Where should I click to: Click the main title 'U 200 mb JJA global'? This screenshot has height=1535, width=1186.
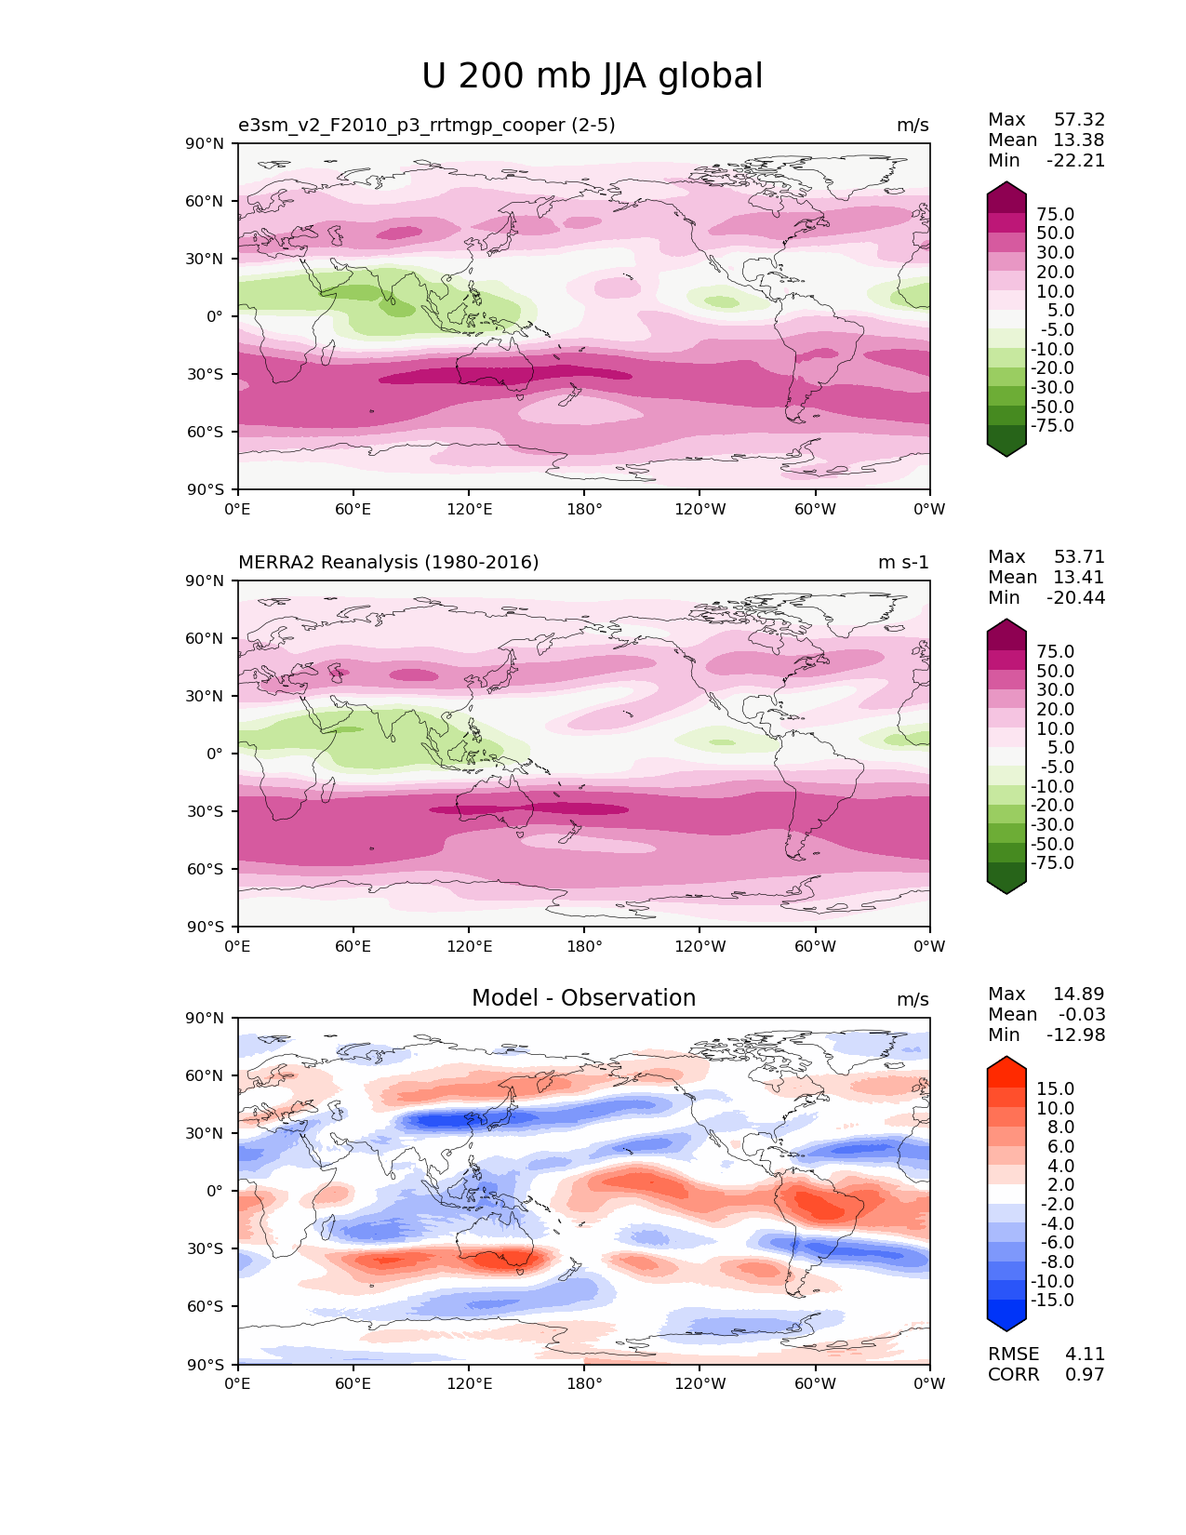coord(592,76)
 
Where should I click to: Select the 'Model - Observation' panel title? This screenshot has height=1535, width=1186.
coord(583,998)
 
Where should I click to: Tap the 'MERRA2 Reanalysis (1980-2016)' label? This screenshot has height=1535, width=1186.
coord(388,562)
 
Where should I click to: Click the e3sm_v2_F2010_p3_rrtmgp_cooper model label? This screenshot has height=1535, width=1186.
coord(426,125)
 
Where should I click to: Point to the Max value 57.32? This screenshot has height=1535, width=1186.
coord(1079,120)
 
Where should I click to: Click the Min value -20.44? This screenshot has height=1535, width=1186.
coord(1075,598)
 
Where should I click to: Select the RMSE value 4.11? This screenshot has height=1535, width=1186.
coord(1085,1355)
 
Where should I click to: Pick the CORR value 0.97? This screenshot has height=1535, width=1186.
coord(1085,1375)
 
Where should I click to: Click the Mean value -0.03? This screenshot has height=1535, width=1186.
coord(1082,1015)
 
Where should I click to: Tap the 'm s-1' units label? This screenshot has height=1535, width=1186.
coord(903,563)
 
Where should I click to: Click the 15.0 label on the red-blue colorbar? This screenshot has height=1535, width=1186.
coord(1055,1089)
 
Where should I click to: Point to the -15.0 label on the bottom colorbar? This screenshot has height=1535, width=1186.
coord(1052,1301)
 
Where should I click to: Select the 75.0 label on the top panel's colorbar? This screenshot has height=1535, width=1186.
coord(1055,215)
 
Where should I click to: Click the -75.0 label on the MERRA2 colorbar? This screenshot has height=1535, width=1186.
coord(1052,863)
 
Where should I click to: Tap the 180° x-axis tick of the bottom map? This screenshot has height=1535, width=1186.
coord(584,1384)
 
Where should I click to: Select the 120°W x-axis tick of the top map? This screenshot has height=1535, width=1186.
coord(700,510)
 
